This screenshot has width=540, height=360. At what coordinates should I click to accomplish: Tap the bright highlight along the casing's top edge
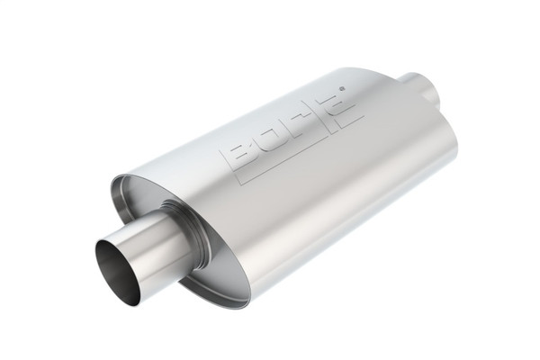pyautogui.click(x=270, y=103)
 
